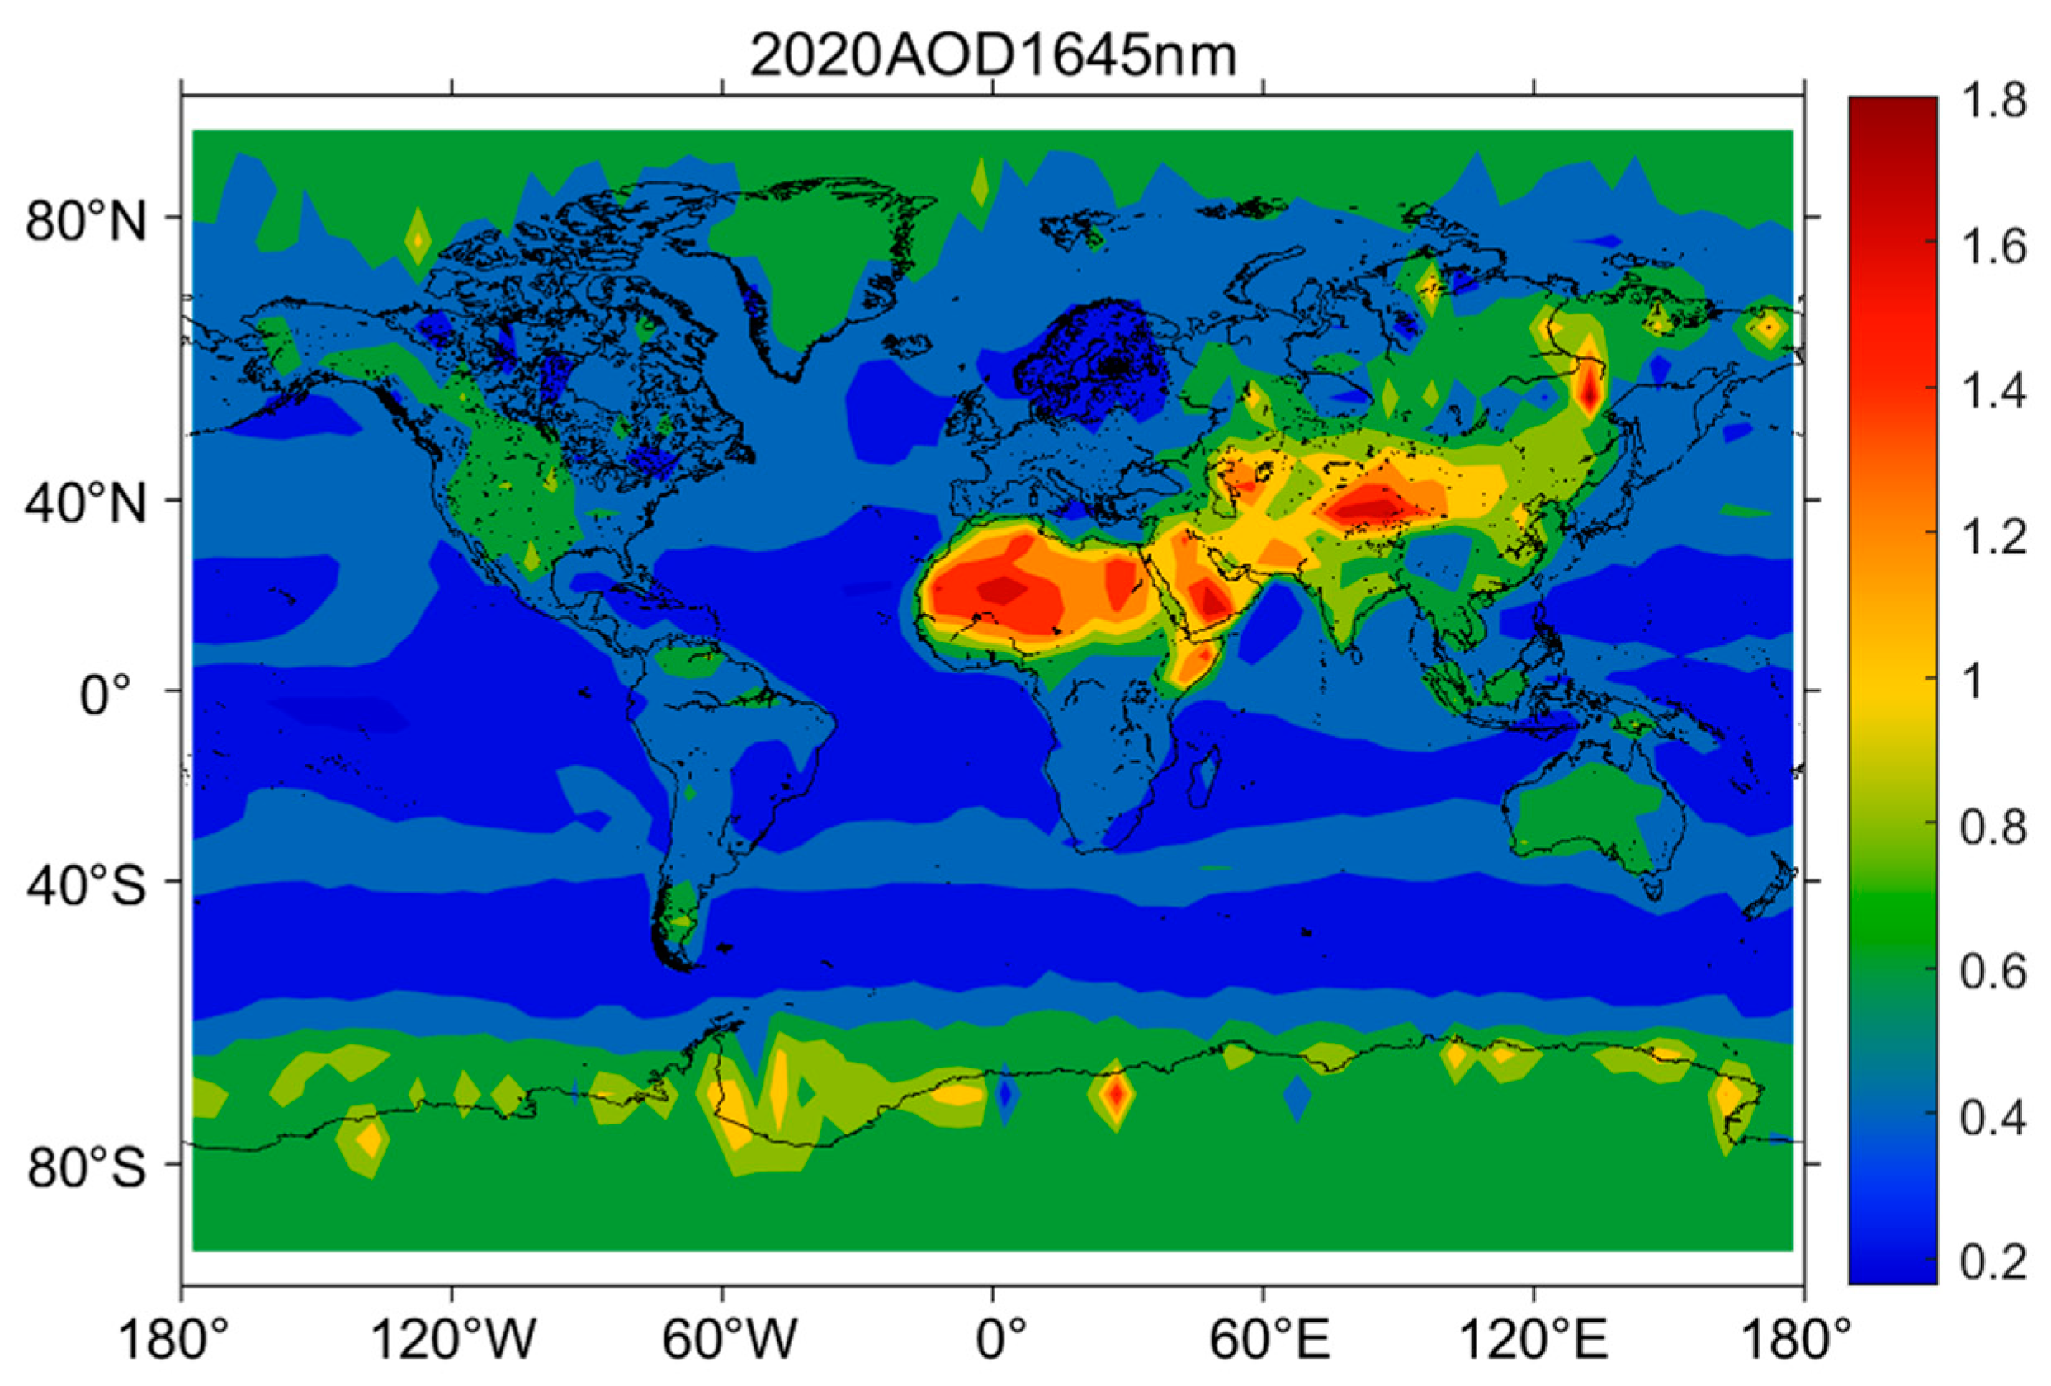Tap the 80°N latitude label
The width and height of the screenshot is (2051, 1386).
pos(86,220)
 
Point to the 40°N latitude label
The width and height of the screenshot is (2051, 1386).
pos(86,504)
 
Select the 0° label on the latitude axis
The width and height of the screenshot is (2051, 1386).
pos(105,695)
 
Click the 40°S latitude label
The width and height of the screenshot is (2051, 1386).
pos(86,885)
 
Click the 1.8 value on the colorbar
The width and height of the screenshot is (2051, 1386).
pos(1992,101)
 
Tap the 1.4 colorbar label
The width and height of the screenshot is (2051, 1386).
pos(1992,389)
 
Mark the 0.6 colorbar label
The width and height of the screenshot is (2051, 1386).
pos(1992,971)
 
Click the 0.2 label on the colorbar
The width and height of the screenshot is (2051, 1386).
pos(1992,1262)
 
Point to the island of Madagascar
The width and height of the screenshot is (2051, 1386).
pos(1206,776)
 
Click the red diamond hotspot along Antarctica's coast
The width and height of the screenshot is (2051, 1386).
pos(1118,1095)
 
